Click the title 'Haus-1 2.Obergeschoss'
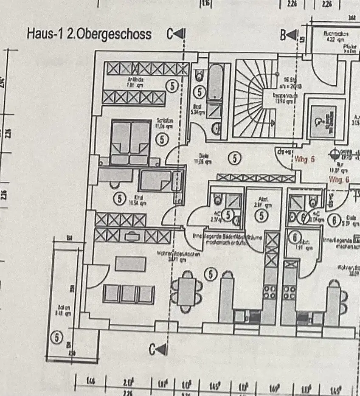coord(89,34)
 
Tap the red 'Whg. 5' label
coord(305,160)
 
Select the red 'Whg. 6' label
coord(339,180)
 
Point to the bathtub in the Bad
coord(215,81)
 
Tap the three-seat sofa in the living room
coord(129,294)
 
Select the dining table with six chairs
coord(186,291)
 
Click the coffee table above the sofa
coord(130,264)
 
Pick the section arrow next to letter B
coord(291,36)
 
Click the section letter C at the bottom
coord(152,350)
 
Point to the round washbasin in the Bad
coord(216,128)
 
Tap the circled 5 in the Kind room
coord(119,198)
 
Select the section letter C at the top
coord(171,34)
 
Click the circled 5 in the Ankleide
coord(172,86)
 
